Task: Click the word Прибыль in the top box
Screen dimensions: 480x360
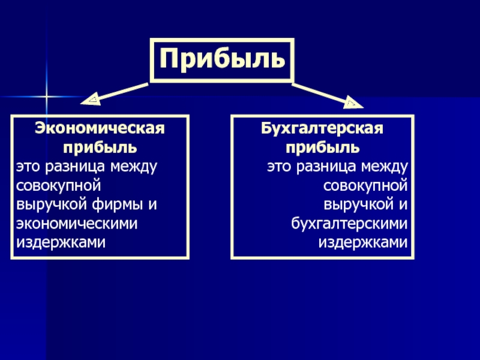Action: [x=222, y=59]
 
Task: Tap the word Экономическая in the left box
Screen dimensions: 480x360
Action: [x=100, y=128]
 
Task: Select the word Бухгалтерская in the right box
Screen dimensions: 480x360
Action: [x=322, y=128]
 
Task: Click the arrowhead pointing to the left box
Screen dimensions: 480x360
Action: [x=94, y=99]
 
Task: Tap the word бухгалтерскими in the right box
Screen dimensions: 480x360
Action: [x=349, y=224]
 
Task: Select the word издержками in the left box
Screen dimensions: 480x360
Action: [x=61, y=243]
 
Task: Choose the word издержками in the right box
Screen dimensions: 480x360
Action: [x=363, y=243]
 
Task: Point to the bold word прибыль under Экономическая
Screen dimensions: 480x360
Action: [x=100, y=147]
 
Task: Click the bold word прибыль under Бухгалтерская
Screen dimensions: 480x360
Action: [x=322, y=147]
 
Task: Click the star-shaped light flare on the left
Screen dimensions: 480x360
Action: [x=46, y=96]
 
